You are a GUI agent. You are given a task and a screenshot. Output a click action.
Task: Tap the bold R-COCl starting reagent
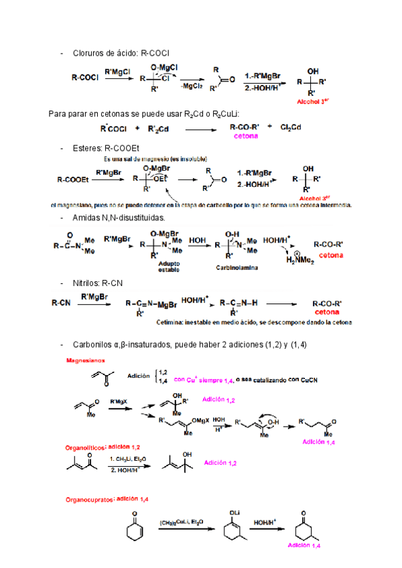point(85,77)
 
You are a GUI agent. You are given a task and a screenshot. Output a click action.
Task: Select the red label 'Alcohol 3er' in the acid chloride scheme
point(314,102)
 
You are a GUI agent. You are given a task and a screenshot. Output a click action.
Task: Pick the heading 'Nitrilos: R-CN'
point(98,283)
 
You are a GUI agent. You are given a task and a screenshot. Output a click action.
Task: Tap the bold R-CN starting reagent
point(61,303)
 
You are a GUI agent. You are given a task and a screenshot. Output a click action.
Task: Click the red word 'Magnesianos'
point(84,360)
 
